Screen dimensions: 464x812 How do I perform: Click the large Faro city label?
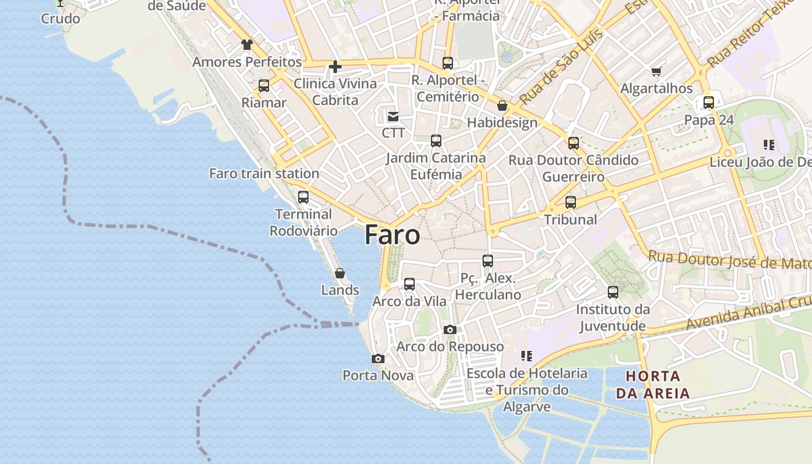tap(392, 235)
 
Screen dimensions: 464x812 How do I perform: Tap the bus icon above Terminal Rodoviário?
tap(303, 197)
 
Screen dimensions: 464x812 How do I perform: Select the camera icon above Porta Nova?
tap(378, 359)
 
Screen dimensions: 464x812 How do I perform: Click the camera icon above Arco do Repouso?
tap(449, 330)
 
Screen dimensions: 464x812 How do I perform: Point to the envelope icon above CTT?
tap(393, 117)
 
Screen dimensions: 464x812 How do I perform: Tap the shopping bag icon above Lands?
tap(340, 273)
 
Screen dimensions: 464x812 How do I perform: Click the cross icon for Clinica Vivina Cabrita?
tap(335, 67)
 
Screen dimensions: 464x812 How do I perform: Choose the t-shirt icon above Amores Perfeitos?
tap(247, 45)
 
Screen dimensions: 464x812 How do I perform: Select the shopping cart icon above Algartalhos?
tap(656, 72)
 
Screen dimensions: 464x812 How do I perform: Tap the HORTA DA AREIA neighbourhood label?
tap(652, 385)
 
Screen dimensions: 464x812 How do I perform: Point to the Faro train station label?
tap(264, 173)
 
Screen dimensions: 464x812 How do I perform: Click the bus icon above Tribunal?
tap(571, 202)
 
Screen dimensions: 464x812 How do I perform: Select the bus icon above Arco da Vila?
tap(409, 284)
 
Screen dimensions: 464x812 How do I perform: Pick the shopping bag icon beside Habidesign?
tap(502, 106)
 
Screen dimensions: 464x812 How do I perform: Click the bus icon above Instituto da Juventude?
tap(613, 292)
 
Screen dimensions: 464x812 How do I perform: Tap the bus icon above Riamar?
tap(264, 86)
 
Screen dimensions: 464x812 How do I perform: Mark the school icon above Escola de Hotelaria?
tap(527, 356)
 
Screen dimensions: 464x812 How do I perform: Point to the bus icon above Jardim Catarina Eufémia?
tap(436, 141)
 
